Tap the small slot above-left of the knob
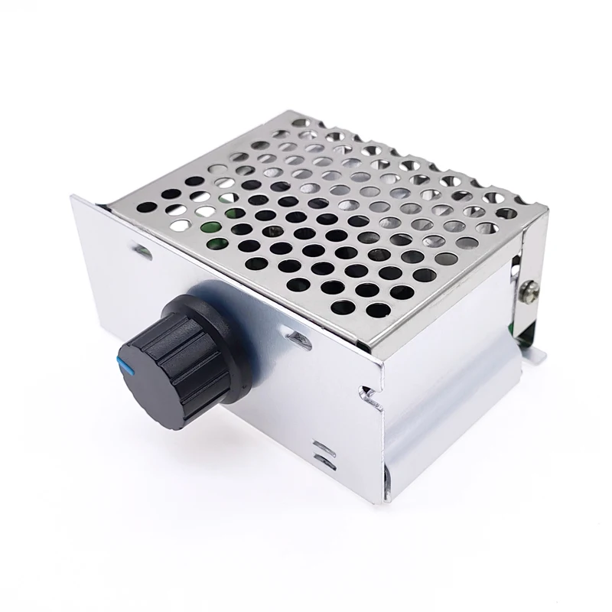point(141,248)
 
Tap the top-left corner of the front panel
point(73,197)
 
